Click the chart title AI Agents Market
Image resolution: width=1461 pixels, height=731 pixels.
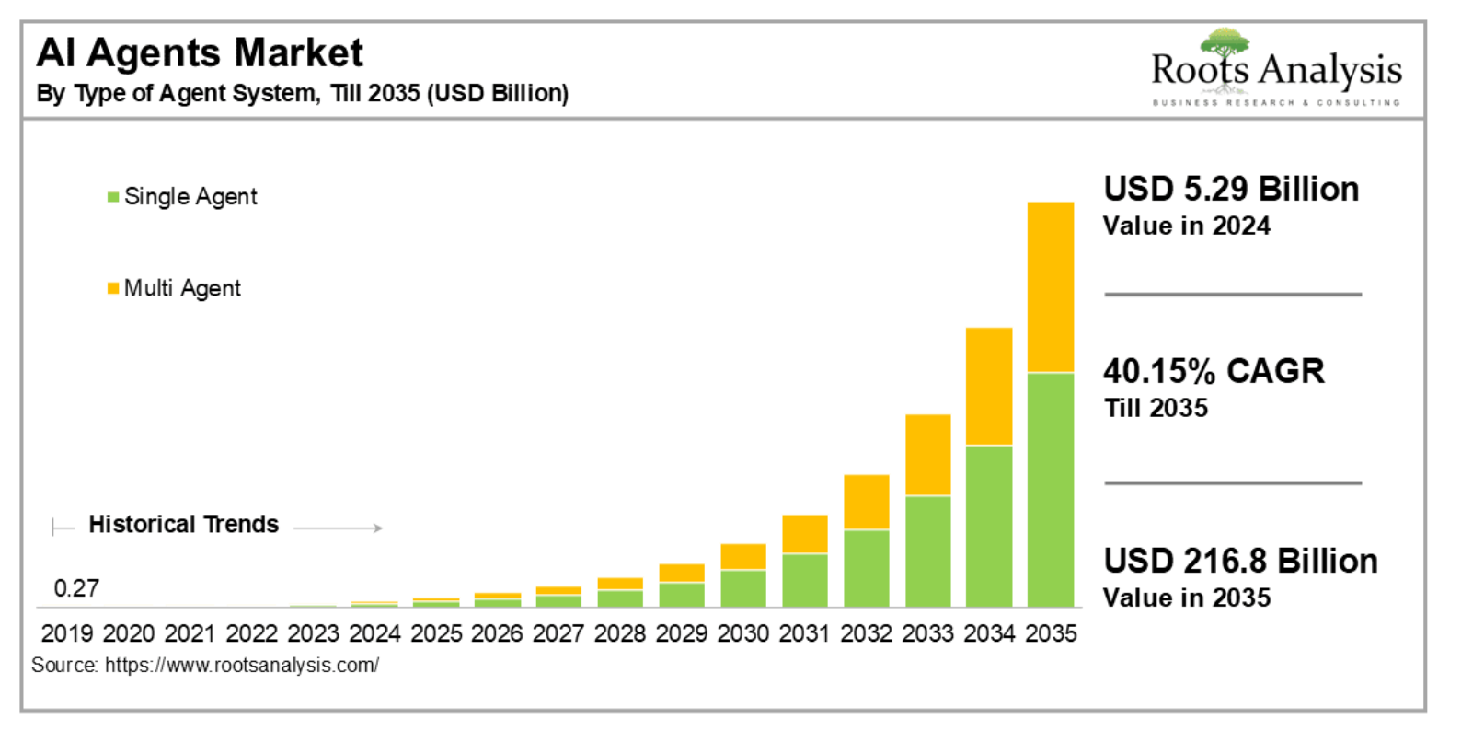[x=200, y=52]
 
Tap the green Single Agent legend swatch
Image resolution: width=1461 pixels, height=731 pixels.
[x=113, y=197]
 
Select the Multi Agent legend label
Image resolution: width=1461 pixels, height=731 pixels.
[x=182, y=288]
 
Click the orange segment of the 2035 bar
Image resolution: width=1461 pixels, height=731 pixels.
[x=1050, y=286]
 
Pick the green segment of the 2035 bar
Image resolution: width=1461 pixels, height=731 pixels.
[x=1050, y=489]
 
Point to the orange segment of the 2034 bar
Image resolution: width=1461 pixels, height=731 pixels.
[x=989, y=387]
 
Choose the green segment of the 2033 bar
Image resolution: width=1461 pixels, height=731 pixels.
[x=927, y=551]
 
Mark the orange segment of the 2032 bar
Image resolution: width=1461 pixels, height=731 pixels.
[x=866, y=502]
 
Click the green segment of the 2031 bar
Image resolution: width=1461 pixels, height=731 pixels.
[x=804, y=580]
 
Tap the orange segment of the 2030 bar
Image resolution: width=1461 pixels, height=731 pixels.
[x=743, y=556]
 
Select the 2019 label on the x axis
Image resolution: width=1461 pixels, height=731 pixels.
[x=67, y=633]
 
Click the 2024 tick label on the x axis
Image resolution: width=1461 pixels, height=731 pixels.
[x=374, y=633]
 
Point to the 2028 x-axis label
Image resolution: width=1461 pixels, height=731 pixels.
[x=620, y=633]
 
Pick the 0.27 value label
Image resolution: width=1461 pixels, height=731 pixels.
[x=76, y=588]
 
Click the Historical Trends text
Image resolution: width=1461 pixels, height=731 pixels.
[x=183, y=524]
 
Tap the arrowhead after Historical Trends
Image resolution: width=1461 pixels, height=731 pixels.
[x=377, y=528]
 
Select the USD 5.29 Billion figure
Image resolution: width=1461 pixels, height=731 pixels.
[x=1231, y=189]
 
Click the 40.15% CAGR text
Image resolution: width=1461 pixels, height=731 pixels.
[x=1214, y=371]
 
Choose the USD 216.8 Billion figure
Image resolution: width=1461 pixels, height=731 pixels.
[x=1240, y=561]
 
